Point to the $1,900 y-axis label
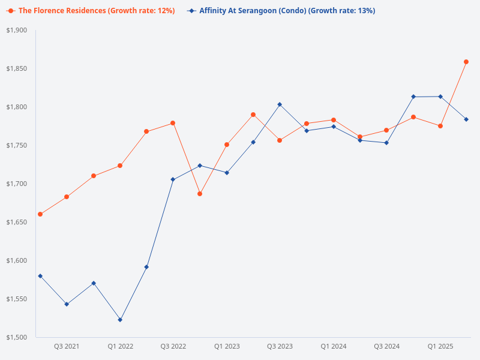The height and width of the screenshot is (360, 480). click(17, 31)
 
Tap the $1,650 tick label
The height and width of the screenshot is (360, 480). click(17, 222)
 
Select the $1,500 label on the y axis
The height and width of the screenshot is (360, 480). click(17, 337)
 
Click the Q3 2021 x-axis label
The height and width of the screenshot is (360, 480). click(67, 347)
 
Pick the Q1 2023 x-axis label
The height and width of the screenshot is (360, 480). click(227, 347)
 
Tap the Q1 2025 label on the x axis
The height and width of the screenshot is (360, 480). click(440, 347)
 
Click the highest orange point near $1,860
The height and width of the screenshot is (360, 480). click(466, 62)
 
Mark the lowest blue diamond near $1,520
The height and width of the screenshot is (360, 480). click(120, 320)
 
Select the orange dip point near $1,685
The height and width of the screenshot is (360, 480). click(200, 194)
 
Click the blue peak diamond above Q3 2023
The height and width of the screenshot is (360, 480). click(280, 104)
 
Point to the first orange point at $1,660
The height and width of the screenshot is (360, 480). click(40, 214)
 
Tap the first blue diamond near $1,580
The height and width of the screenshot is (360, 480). click(40, 276)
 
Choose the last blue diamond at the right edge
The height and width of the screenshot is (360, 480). click(466, 119)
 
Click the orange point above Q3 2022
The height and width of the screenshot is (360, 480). click(173, 123)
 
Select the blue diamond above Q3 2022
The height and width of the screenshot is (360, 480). click(173, 179)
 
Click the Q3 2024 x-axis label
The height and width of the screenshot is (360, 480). click(387, 347)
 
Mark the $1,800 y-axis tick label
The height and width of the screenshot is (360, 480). click(17, 107)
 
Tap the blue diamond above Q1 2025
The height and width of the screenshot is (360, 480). click(440, 97)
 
